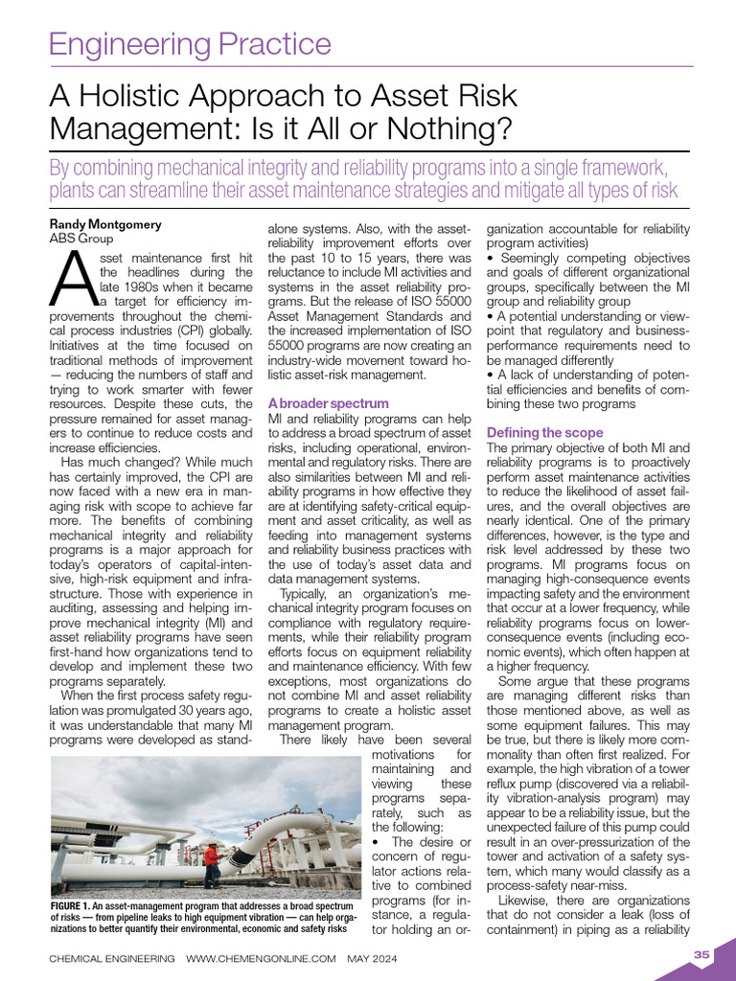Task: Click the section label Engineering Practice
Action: point(190,44)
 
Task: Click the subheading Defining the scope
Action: point(545,433)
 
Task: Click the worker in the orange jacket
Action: point(210,854)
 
